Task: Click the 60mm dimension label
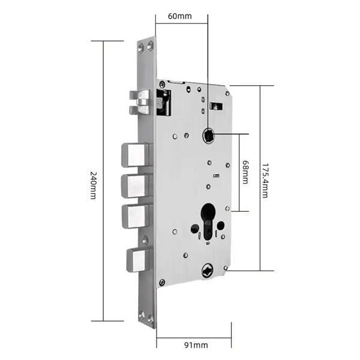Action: [180, 16]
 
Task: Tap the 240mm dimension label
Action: [93, 185]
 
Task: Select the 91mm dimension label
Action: [196, 345]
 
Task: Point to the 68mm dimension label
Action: [245, 172]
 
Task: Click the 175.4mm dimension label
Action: [265, 181]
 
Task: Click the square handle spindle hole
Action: [208, 136]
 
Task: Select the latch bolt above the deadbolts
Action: [140, 103]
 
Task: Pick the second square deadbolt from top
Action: [136, 186]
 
